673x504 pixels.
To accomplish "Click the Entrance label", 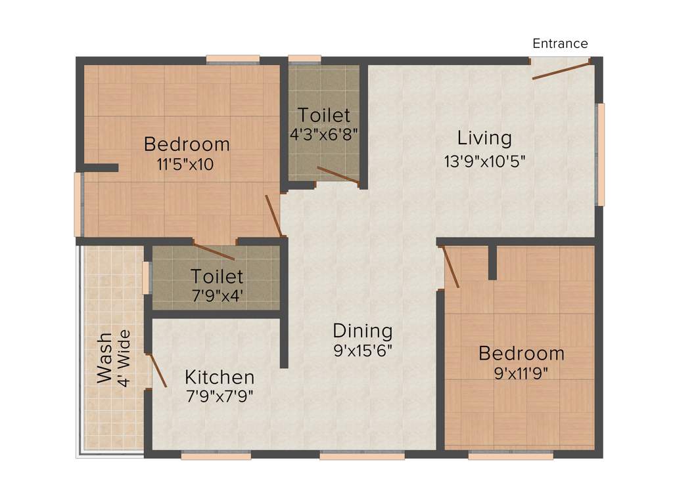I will click(560, 44).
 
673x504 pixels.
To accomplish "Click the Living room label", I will click(484, 138).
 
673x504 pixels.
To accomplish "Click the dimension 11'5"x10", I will click(186, 164).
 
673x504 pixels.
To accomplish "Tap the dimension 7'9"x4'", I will click(217, 295).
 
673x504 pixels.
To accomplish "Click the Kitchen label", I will click(219, 377).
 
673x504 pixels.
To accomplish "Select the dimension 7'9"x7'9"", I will click(220, 396).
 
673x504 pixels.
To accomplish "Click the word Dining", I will click(362, 331).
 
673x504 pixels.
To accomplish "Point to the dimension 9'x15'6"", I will click(363, 350).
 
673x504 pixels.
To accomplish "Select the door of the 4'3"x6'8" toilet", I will click(338, 175).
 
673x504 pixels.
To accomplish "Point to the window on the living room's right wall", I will click(599, 154).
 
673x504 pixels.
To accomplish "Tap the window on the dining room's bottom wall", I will click(362, 455).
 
